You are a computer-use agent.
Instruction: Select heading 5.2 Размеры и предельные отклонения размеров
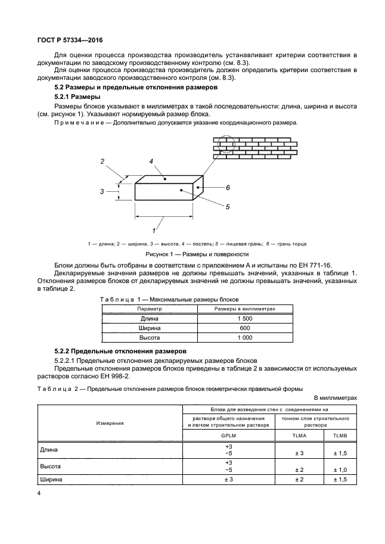[x=135, y=88]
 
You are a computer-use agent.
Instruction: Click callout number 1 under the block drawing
[x=155, y=229]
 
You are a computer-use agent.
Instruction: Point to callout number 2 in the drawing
[x=103, y=162]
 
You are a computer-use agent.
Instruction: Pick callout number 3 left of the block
[x=102, y=191]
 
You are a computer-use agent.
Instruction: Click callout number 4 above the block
[x=152, y=161]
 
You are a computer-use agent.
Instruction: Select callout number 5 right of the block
[x=228, y=206]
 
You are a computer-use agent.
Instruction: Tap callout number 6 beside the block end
[x=228, y=188]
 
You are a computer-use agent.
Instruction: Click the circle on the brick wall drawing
[x=226, y=145]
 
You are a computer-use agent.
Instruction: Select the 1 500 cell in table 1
[x=244, y=319]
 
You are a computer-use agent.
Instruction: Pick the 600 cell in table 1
[x=244, y=328]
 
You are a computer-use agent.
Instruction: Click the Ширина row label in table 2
[x=51, y=479]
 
